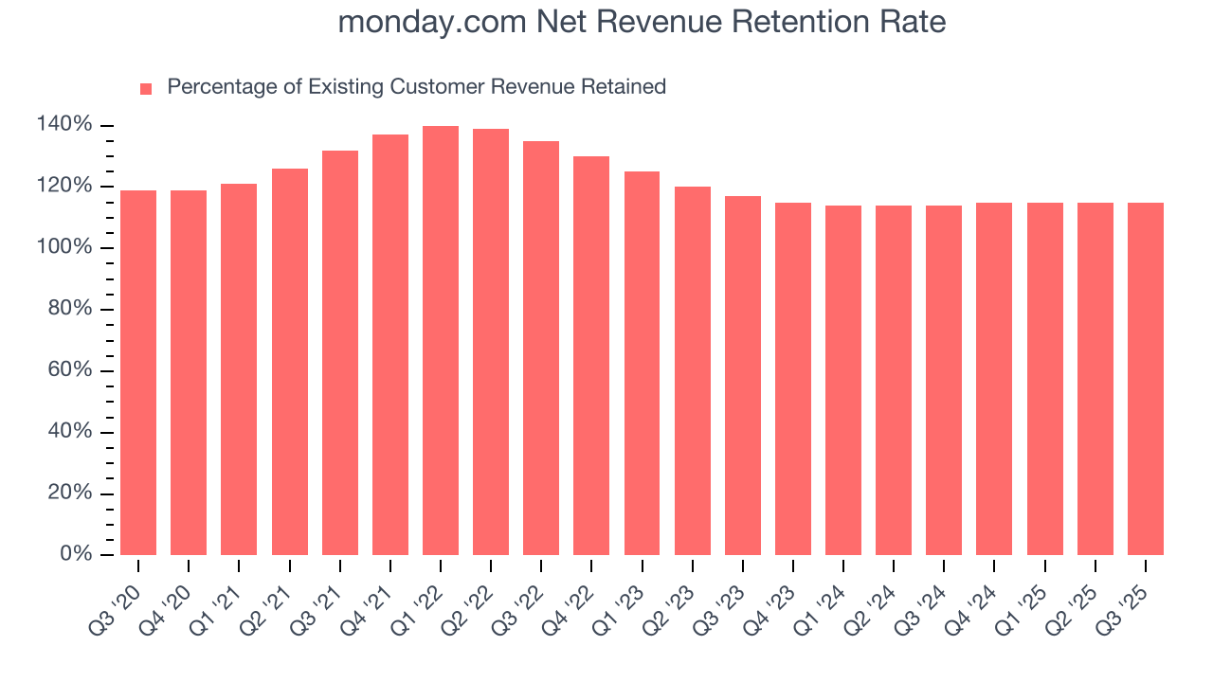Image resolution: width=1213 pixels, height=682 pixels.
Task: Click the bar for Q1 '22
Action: coord(441,341)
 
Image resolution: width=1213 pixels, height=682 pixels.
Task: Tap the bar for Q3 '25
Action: coord(1145,379)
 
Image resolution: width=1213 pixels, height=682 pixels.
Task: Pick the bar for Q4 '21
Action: coord(390,345)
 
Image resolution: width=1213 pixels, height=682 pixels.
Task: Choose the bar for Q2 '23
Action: coord(693,370)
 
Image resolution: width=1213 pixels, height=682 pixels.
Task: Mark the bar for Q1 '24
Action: coord(843,380)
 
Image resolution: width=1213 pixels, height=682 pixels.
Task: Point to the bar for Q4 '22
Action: coord(591,355)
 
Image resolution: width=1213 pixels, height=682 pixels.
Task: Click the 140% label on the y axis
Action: coord(64,125)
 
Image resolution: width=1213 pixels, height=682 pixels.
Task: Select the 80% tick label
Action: coord(69,309)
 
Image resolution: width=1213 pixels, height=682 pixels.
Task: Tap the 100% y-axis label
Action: coord(64,247)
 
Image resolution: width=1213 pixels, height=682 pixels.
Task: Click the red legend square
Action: coord(146,88)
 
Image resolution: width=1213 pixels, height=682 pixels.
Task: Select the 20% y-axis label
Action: coord(69,493)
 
